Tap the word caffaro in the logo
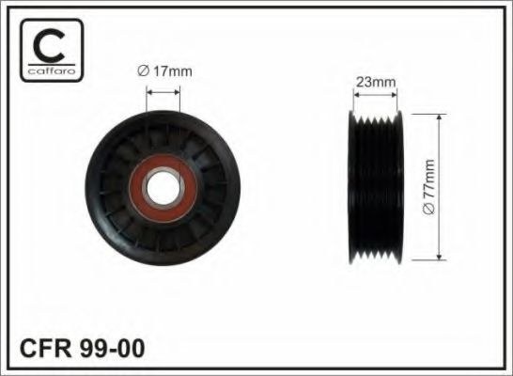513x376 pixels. click(x=52, y=71)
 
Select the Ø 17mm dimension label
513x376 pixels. click(x=165, y=71)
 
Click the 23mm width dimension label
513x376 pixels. click(x=376, y=82)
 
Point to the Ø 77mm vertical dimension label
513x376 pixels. click(x=428, y=187)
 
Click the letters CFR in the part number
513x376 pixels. click(x=46, y=348)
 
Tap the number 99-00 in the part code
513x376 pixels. click(x=112, y=348)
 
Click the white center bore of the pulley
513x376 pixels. click(x=163, y=188)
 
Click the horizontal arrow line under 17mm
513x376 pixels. click(x=163, y=92)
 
